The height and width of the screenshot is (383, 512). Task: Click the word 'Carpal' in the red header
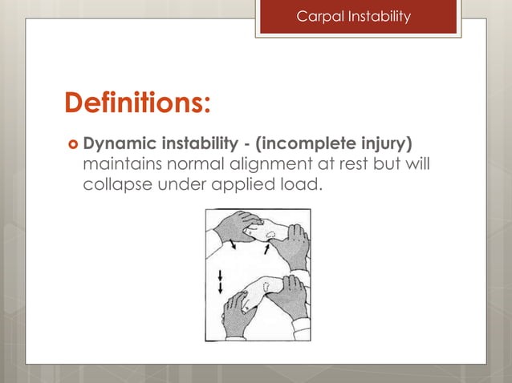tap(319, 16)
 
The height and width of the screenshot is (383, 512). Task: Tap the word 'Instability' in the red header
tap(377, 16)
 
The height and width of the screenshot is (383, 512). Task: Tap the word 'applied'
tap(245, 187)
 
